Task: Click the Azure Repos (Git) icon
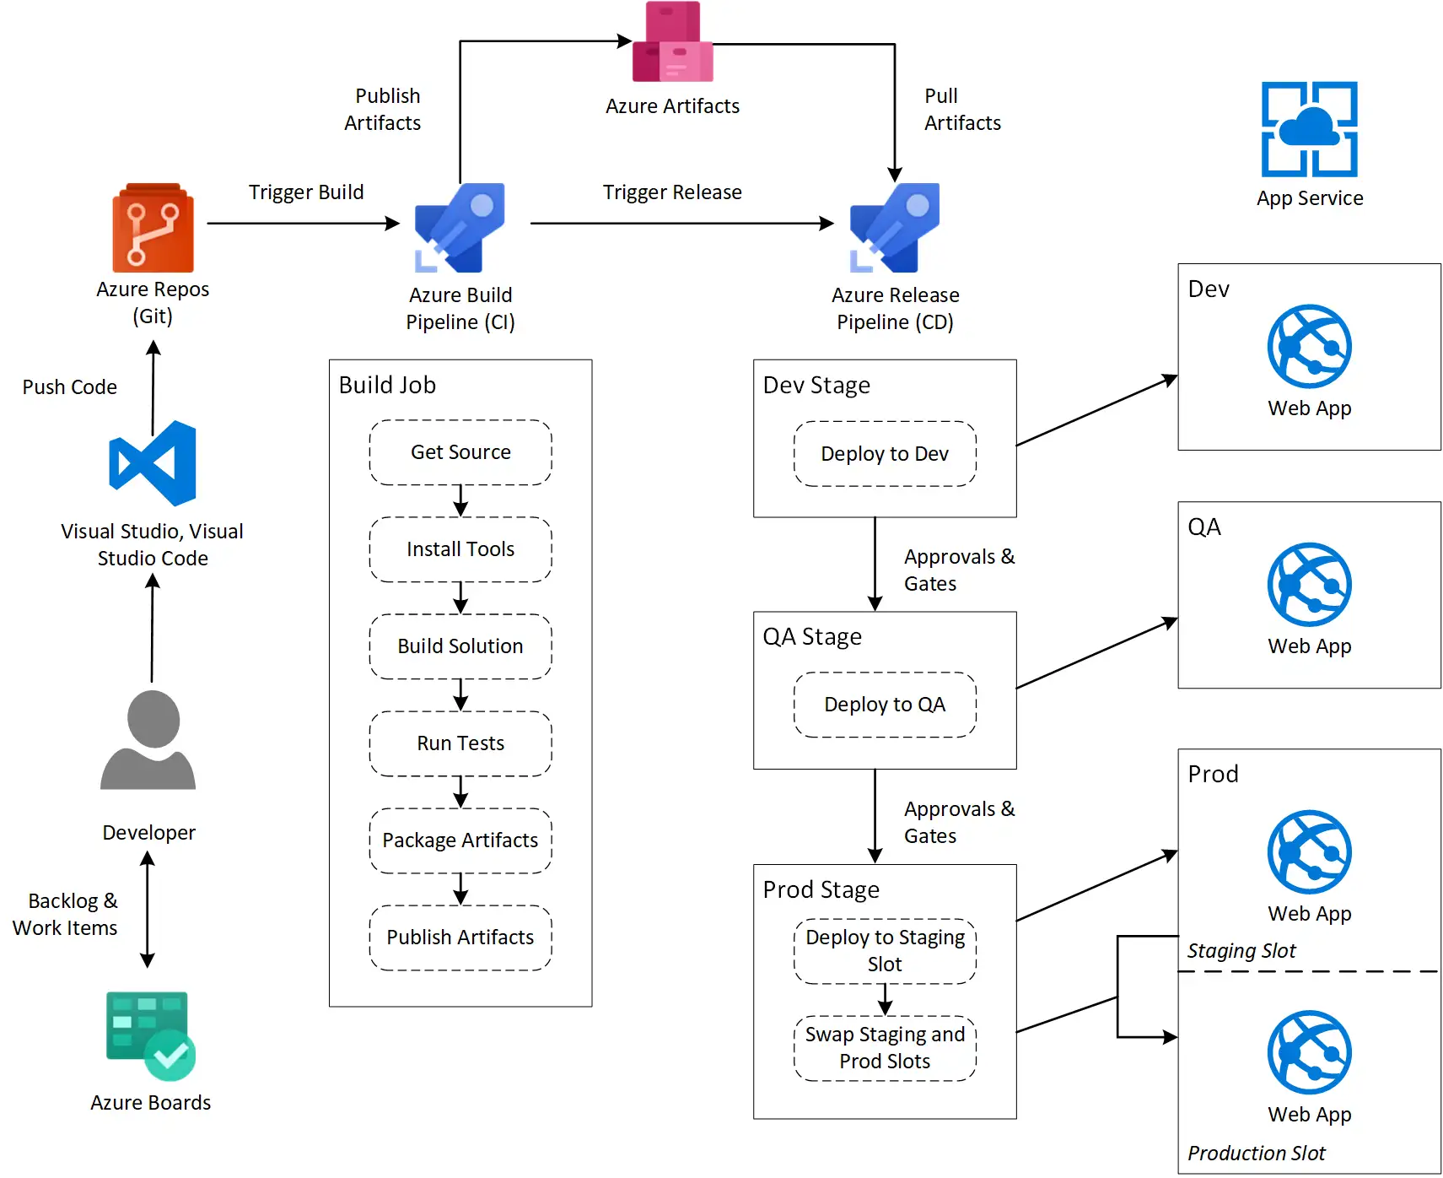(153, 228)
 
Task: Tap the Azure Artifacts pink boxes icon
(672, 42)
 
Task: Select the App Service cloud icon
(1309, 129)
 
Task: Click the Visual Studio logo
(153, 463)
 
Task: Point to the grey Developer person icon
(148, 740)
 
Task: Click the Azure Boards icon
(150, 1035)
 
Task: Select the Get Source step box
(460, 452)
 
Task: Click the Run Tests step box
(460, 743)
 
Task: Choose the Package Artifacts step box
(460, 840)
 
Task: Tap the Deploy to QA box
(885, 705)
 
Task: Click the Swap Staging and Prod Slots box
(885, 1048)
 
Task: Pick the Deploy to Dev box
(885, 454)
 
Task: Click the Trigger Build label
(306, 192)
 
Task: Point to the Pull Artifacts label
(961, 110)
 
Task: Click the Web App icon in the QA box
(1309, 585)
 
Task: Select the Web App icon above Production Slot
(1309, 1052)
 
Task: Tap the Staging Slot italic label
(1241, 951)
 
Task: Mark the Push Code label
(69, 387)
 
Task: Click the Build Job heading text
(387, 386)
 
